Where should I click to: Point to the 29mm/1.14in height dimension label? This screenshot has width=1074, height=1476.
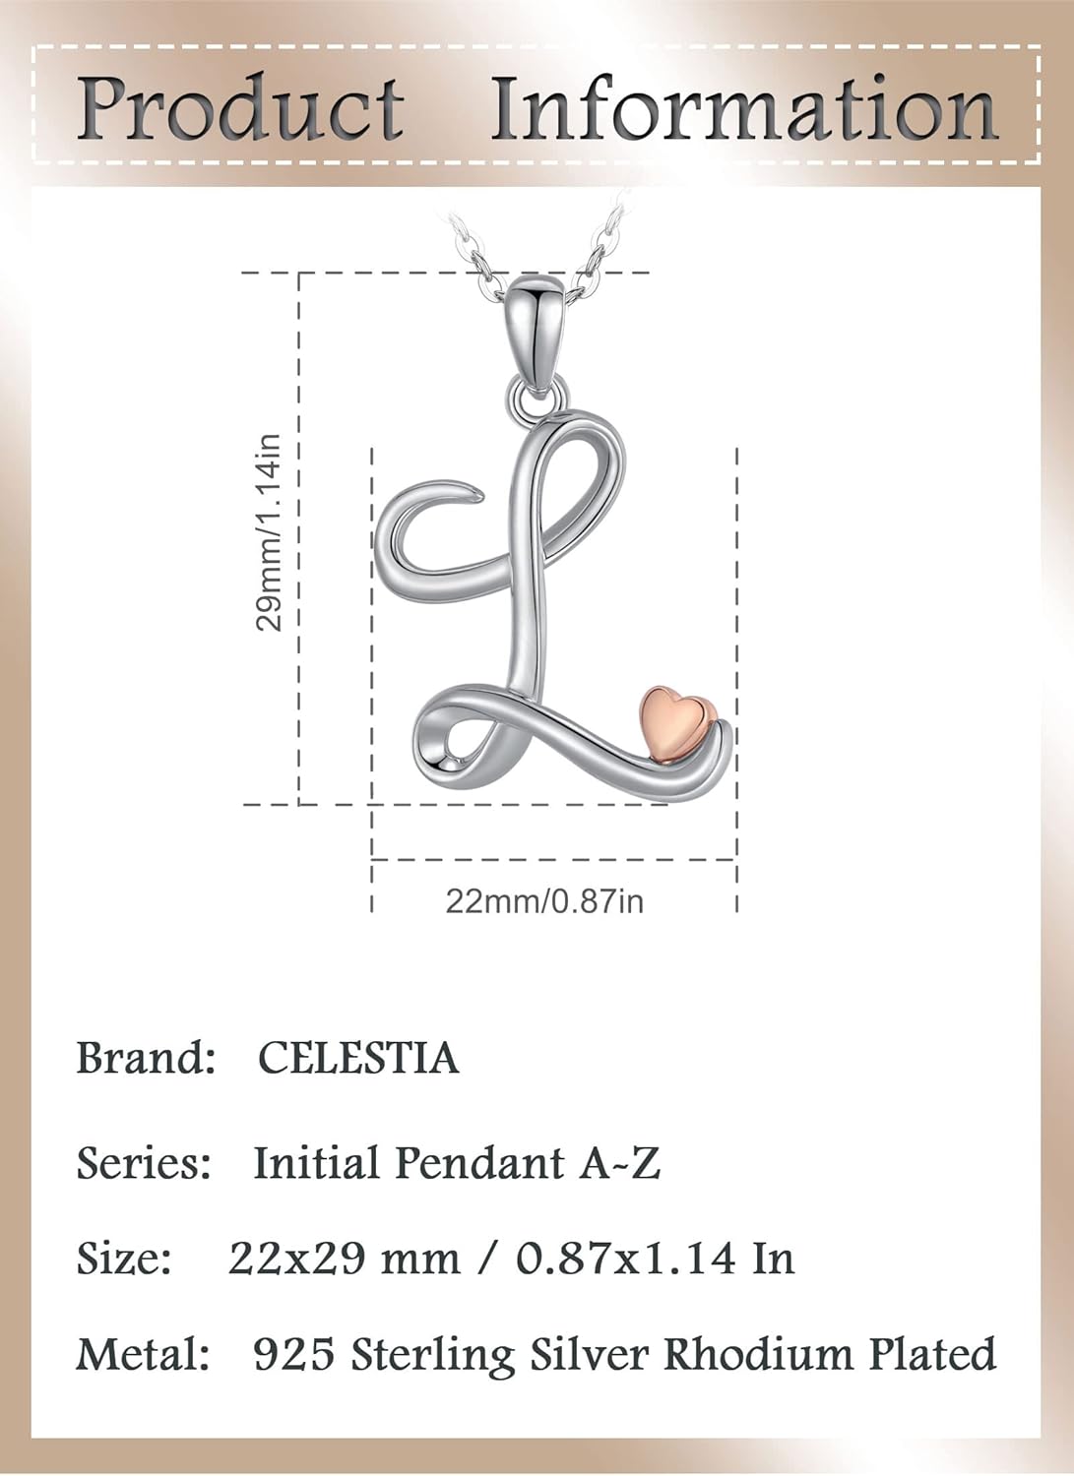(x=269, y=532)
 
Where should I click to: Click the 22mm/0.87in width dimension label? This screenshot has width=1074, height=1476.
(x=544, y=900)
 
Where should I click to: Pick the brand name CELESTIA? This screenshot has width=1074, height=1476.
(x=358, y=1059)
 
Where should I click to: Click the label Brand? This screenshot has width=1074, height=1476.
(x=146, y=1059)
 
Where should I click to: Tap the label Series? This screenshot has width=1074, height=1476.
(x=144, y=1163)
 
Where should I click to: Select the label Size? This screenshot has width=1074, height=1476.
(x=125, y=1259)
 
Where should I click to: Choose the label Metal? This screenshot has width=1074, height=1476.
(x=144, y=1355)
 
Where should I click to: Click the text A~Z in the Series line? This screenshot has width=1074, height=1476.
(x=619, y=1163)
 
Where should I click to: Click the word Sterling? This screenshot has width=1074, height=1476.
(x=433, y=1357)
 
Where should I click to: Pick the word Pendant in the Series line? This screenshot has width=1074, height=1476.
(x=479, y=1163)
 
